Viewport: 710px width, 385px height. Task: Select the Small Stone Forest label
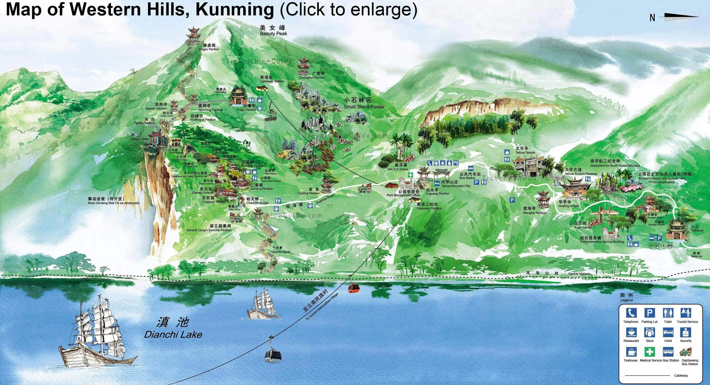tap(364, 106)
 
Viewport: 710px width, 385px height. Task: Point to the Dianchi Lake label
tap(173, 335)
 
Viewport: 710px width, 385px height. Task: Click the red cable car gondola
tap(354, 288)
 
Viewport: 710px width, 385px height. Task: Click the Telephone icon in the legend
tap(631, 313)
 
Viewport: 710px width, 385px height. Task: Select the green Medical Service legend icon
tap(650, 352)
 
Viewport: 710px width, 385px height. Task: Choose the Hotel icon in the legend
tap(668, 332)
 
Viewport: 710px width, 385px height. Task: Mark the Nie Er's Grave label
tap(398, 169)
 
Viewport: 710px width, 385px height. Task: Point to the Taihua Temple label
tap(525, 152)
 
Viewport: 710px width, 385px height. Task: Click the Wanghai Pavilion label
tap(534, 213)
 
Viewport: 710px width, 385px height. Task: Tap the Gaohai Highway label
tap(579, 274)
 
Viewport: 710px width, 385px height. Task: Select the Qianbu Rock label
tap(281, 252)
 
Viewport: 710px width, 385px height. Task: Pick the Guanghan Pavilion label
tap(312, 78)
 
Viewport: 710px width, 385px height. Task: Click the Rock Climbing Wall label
tap(113, 203)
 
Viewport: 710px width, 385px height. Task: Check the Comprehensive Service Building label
tap(602, 242)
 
